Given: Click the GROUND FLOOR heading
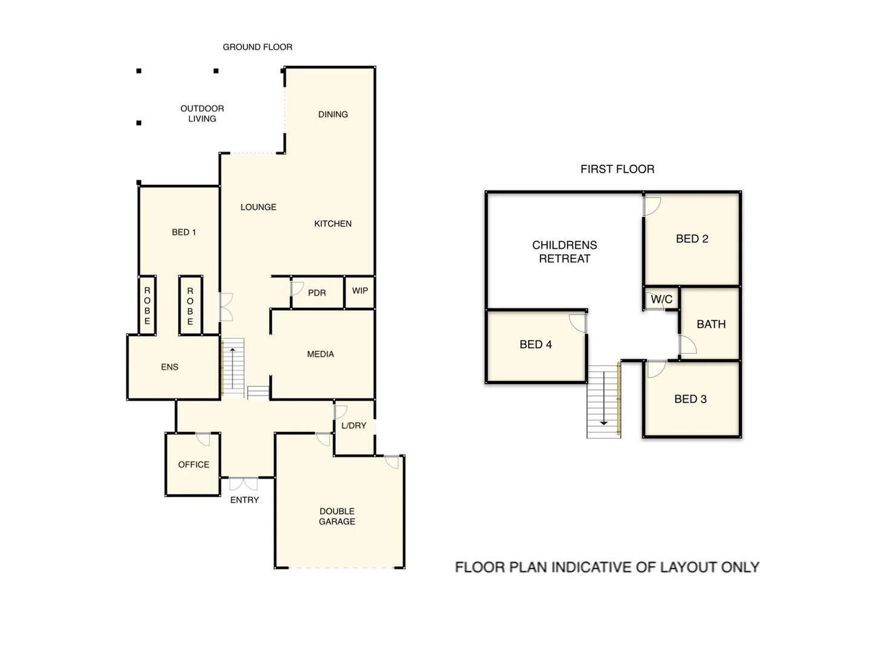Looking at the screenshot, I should point(257,47).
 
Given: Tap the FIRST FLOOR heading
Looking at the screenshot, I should point(617,169).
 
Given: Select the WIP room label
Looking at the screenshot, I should point(359,291).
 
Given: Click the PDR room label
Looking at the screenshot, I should point(316,293).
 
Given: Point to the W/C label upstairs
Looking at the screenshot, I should point(661,299).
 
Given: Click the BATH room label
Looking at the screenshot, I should point(710,324).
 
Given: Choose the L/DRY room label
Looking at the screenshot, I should point(353,426).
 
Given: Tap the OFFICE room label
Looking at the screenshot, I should point(193,464).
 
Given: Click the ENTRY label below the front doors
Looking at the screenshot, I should point(244,500).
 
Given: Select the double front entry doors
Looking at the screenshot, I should point(243,483).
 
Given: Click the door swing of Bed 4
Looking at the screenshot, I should point(579,323).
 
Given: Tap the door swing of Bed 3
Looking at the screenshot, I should point(656,368).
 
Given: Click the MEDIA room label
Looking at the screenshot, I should point(320,354).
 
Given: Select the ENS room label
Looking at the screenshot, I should point(169,367).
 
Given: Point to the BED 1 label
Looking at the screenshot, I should point(183,232).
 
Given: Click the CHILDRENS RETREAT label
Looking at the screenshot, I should point(564,252).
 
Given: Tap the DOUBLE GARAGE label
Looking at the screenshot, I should point(337,516).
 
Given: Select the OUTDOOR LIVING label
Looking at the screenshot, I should point(202,113).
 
